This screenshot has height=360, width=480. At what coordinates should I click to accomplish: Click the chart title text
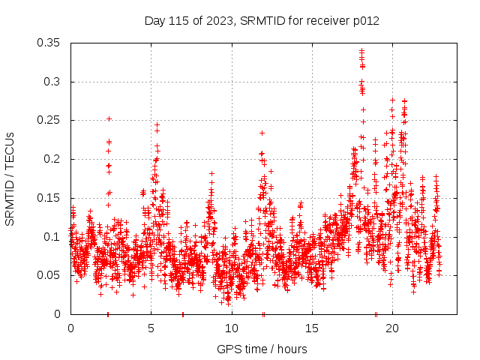coord(262,20)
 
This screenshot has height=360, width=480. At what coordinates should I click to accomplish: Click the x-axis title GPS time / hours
coord(262,349)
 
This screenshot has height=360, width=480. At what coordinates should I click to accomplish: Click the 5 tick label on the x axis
coord(151,328)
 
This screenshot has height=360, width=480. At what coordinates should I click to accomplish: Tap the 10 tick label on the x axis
coord(231,328)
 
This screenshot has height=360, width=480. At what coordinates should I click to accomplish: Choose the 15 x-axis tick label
coord(312,328)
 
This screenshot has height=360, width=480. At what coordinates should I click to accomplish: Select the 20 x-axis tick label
coord(392,328)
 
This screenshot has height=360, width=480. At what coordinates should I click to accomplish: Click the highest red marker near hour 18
coord(361,51)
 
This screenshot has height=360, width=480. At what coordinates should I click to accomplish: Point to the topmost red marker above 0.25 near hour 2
coord(109,118)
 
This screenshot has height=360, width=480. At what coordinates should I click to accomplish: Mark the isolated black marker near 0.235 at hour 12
coord(262,133)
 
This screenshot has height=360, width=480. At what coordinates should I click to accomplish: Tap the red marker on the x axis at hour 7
coord(183,313)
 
